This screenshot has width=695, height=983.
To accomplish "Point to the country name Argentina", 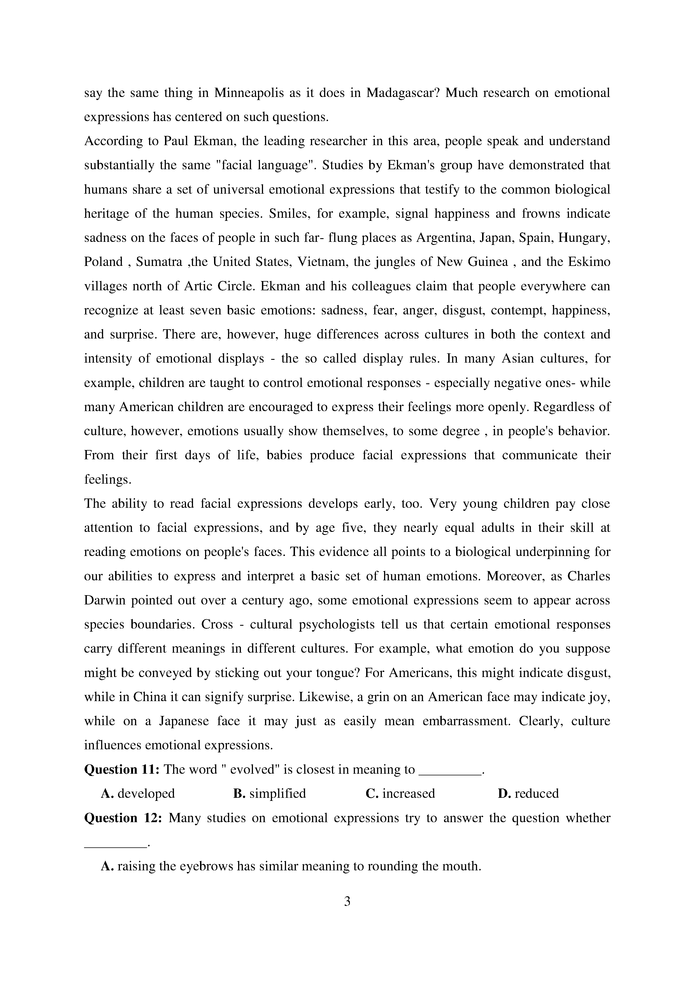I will [x=445, y=238].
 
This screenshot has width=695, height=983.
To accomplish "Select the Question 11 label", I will [x=122, y=769].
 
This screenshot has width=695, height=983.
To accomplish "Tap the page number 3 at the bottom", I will [x=347, y=902].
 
